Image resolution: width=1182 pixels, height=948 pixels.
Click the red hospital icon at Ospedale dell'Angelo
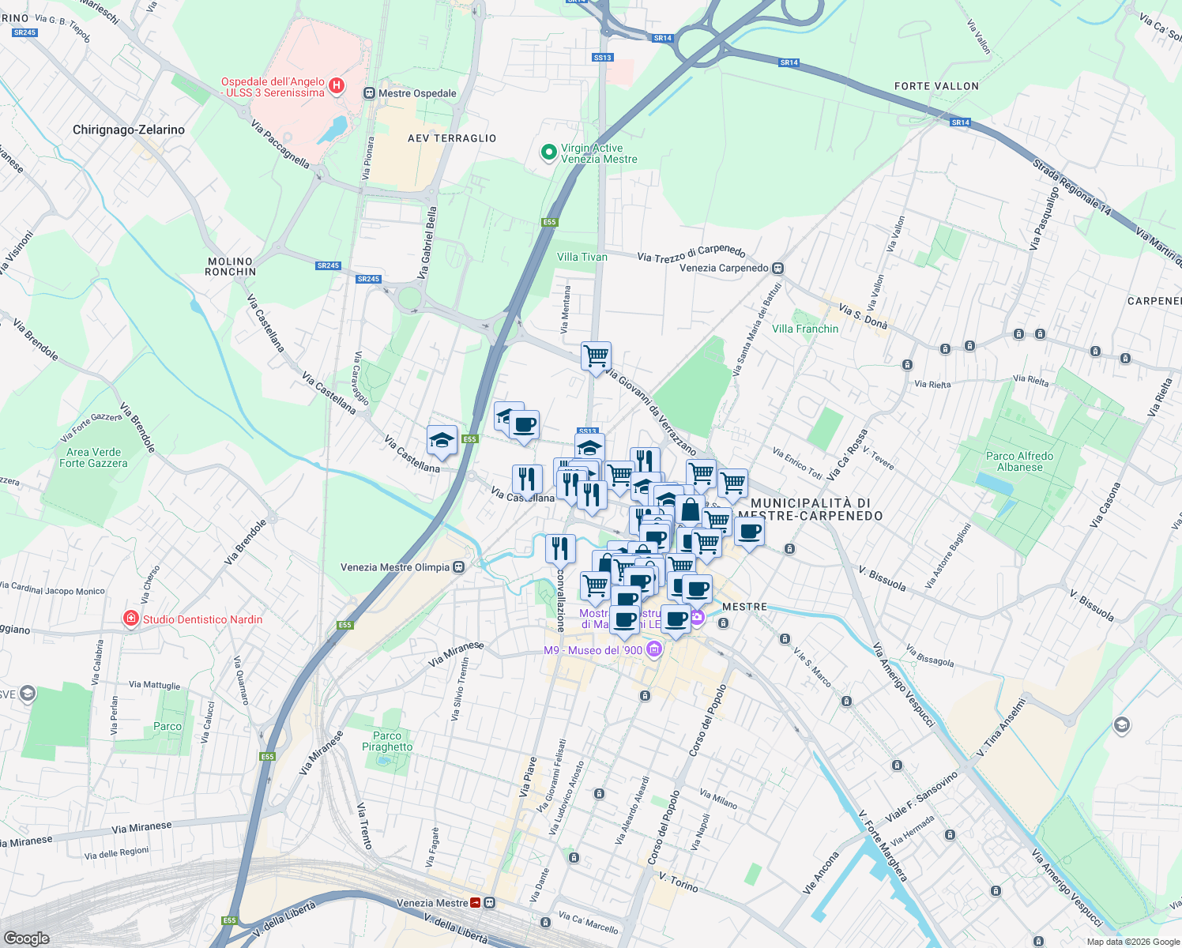pos(337,85)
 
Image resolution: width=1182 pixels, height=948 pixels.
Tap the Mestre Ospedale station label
pos(417,93)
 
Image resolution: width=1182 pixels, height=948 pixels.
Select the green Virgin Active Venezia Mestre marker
pos(548,152)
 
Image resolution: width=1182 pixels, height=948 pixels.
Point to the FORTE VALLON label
pos(936,86)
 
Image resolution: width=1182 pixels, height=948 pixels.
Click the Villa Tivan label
pos(582,257)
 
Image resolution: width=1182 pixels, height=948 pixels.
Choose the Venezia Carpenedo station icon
pos(778,268)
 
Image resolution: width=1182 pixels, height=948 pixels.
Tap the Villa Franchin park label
pos(805,329)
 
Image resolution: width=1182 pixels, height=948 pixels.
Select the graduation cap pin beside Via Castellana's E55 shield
pos(442,440)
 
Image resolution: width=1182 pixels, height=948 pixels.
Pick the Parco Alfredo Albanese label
pos(1019,461)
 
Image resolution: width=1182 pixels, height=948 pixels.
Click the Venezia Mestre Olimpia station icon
pos(458,567)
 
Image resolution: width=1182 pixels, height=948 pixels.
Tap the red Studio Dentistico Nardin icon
pos(131,619)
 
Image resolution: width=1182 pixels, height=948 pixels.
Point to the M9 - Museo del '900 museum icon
pos(653,650)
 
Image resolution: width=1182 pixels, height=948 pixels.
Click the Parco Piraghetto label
pos(387,741)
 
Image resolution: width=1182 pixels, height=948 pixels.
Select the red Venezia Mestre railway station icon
pos(476,903)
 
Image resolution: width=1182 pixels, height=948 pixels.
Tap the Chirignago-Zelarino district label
pos(129,130)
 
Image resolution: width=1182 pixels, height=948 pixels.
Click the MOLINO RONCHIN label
pos(230,266)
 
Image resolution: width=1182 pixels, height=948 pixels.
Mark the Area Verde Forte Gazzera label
pos(93,457)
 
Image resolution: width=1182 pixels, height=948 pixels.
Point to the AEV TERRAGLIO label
pos(452,138)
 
